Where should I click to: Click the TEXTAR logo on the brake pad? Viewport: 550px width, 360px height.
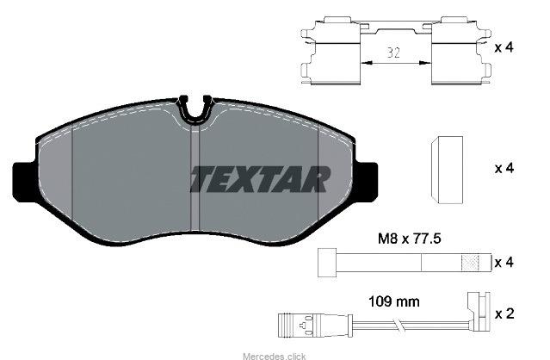point(260,179)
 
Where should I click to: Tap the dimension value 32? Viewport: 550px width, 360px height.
point(393,53)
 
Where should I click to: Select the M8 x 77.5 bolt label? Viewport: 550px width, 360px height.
point(409,239)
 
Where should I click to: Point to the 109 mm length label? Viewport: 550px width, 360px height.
point(394,301)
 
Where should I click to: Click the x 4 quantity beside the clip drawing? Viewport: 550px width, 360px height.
point(504,47)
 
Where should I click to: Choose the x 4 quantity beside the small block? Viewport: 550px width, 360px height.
point(504,169)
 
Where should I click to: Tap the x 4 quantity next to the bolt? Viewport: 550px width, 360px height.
point(504,263)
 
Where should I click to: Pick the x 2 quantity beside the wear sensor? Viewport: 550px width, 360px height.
point(504,313)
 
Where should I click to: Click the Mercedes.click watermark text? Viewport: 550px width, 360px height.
point(275,357)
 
